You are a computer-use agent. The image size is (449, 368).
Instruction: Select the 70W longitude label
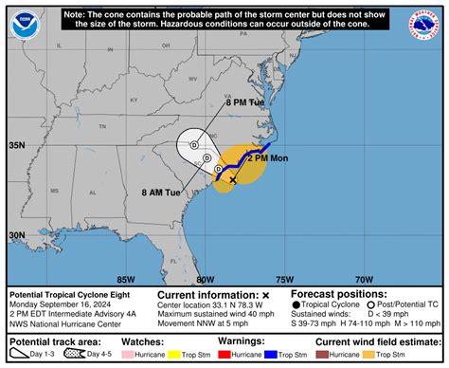tap(363, 279)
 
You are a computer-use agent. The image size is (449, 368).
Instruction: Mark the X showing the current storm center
tap(233, 178)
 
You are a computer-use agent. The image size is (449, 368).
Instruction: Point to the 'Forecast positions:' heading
tap(334, 294)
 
